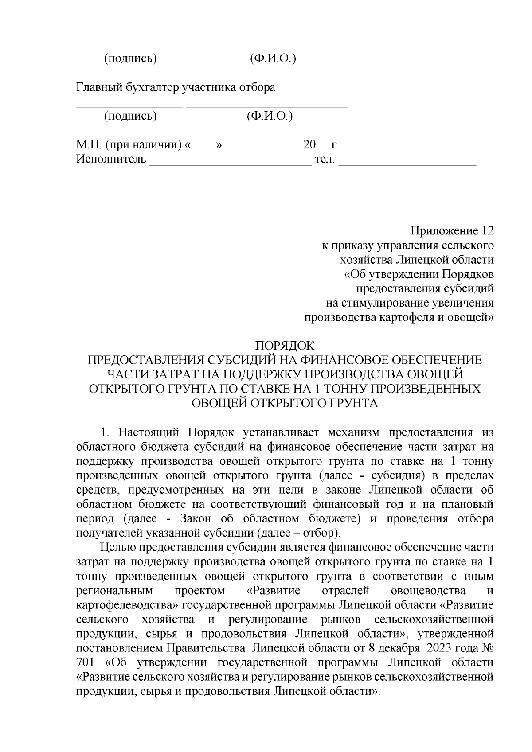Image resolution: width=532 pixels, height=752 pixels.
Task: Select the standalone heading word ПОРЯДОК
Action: tap(285, 346)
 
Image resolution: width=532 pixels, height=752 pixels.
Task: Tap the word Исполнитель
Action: tap(111, 159)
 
